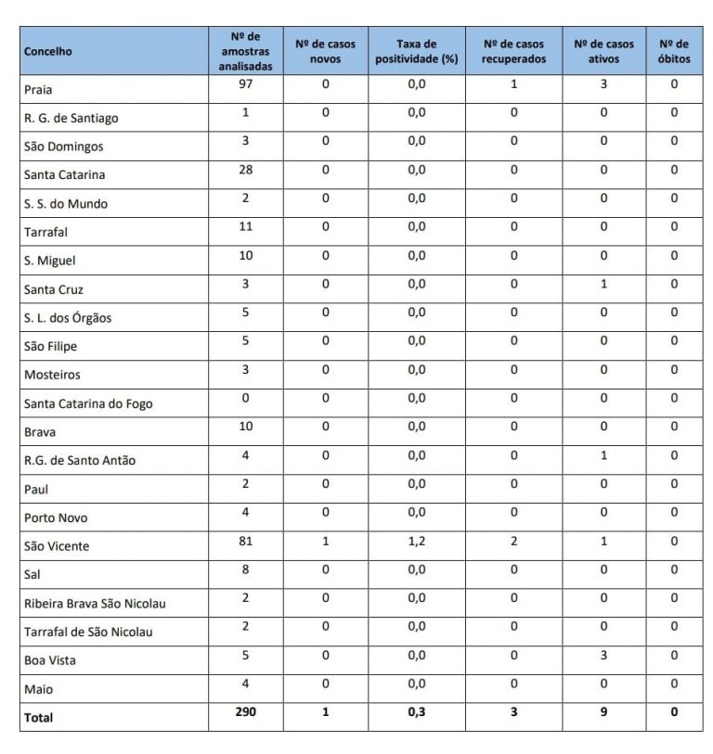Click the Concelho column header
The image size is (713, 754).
click(48, 52)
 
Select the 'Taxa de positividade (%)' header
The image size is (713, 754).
click(417, 51)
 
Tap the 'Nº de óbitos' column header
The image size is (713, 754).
click(674, 51)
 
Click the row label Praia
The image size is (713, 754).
click(40, 90)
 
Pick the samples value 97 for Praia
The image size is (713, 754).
click(245, 84)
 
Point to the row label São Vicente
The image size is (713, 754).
click(57, 546)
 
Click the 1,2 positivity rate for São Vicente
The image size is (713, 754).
click(417, 541)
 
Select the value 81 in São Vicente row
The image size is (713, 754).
click(245, 541)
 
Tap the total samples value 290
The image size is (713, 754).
click(245, 711)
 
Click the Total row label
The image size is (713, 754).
click(39, 717)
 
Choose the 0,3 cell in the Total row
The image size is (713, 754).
click(417, 711)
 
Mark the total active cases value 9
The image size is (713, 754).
click(603, 711)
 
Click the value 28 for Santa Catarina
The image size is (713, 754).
click(245, 170)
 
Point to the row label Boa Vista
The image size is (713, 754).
click(50, 660)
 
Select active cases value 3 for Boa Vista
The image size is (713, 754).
click(603, 655)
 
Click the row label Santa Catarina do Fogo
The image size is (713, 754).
click(88, 403)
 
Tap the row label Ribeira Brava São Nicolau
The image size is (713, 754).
click(95, 603)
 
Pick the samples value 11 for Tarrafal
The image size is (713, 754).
click(245, 227)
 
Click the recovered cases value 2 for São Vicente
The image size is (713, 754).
click(513, 541)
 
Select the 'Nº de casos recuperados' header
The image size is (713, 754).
click(513, 51)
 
